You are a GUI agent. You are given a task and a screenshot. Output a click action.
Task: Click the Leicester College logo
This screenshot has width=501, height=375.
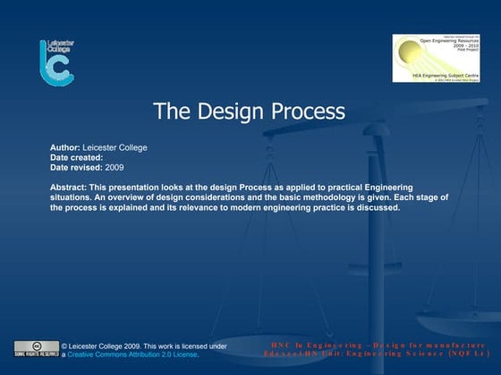pos(55,62)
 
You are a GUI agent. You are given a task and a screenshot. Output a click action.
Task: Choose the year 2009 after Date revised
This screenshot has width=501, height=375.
pos(115,167)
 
